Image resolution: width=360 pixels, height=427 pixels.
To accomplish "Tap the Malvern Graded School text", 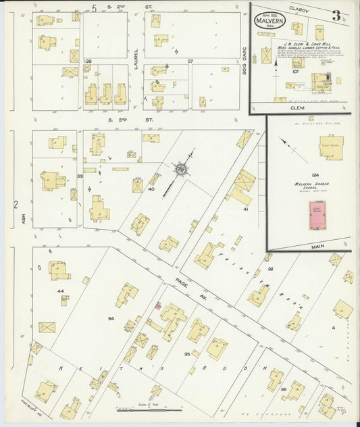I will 315,184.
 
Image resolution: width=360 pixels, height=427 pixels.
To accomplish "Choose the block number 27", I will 190,61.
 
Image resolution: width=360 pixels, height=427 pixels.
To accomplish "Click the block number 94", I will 111,318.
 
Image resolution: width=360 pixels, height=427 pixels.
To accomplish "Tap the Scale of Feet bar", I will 149,409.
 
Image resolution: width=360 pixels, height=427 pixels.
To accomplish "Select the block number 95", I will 186,353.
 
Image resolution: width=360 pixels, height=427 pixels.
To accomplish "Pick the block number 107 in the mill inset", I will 276,70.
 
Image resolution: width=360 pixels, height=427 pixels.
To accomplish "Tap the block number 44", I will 60,291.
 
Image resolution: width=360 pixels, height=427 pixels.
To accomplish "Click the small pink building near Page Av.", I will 159,305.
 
